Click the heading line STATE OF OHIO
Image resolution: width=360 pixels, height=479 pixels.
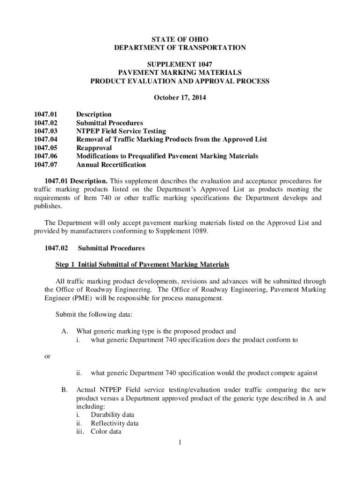[180, 39]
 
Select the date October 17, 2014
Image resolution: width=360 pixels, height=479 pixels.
[180, 98]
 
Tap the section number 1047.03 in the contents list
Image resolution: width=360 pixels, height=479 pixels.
[45, 131]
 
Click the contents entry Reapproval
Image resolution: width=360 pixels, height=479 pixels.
[94, 148]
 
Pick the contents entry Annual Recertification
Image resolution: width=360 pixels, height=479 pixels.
[111, 165]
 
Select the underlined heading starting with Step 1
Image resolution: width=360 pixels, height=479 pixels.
[143, 265]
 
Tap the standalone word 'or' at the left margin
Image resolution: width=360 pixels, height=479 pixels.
[47, 356]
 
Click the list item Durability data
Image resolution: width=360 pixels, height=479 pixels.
[112, 415]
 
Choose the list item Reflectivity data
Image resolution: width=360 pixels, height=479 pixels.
[115, 423]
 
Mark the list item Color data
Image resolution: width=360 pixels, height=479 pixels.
[106, 432]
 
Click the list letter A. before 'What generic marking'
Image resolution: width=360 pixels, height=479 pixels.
[65, 332]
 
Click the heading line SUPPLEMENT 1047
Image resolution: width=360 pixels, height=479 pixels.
[180, 64]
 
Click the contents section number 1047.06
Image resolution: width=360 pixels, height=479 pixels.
[45, 157]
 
